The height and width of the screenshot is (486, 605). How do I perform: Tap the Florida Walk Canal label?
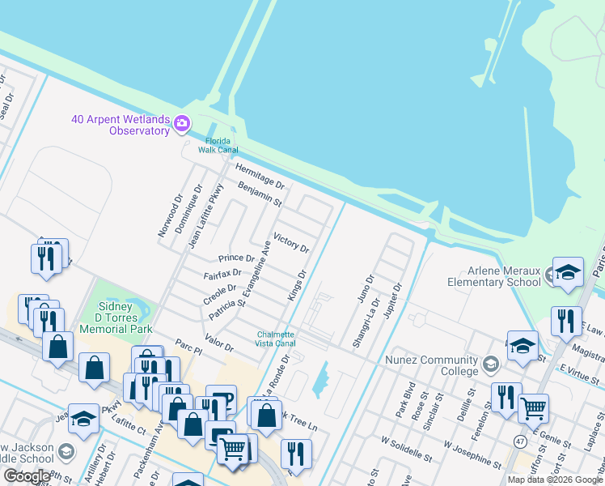coord(218,145)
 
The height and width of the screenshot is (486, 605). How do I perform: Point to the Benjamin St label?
coord(260,194)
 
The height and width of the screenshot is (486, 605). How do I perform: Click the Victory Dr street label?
coord(291,242)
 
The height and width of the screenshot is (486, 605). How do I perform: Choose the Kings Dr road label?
coord(297,286)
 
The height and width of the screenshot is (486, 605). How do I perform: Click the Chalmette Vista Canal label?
coord(276,339)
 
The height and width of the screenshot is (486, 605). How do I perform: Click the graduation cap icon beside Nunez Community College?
coord(490,364)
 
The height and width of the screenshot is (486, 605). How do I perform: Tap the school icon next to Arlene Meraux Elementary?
coord(568,273)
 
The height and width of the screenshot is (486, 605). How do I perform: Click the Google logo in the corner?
coord(27,476)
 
